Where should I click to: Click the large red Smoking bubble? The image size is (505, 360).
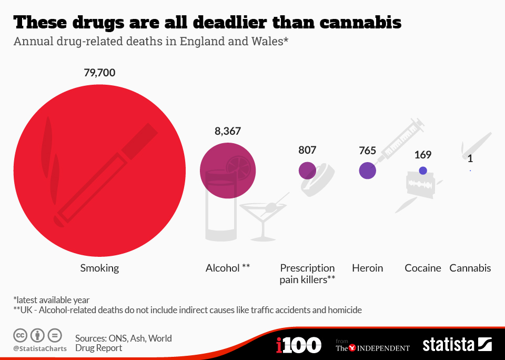tap(99, 171)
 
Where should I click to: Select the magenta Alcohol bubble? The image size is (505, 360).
tap(228, 171)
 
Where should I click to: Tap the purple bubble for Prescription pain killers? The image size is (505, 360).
tap(307, 171)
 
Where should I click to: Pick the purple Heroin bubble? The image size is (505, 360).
tap(368, 171)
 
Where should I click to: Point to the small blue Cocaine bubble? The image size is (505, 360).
tap(423, 171)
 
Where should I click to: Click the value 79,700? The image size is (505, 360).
tap(99, 73)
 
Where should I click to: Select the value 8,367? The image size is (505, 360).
tap(228, 131)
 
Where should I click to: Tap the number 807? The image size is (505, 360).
tap(307, 150)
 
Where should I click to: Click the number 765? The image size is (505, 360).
tap(368, 151)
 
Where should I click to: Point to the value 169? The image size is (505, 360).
tap(423, 155)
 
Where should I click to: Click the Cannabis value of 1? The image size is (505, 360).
tap(470, 158)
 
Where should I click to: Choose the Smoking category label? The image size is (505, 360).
tap(99, 268)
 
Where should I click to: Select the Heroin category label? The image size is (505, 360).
tap(368, 268)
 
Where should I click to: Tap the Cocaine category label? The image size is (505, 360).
tap(423, 268)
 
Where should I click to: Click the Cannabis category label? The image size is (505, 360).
tap(470, 268)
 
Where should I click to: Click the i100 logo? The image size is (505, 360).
tap(298, 345)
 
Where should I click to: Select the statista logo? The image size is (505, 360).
tap(457, 345)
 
